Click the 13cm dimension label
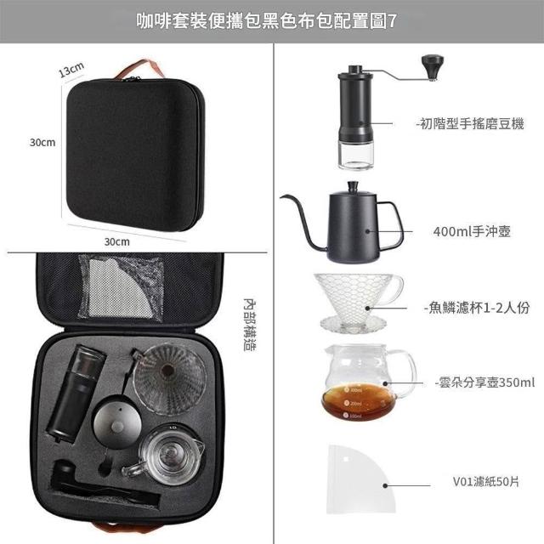click(x=71, y=70)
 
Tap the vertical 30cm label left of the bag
click(x=42, y=142)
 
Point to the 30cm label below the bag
click(x=117, y=241)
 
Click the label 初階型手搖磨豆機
click(x=470, y=123)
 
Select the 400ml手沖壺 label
click(x=472, y=231)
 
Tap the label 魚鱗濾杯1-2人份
click(x=477, y=308)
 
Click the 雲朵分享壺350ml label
click(x=485, y=382)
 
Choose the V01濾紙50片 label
click(x=486, y=482)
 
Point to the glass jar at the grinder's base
click(x=355, y=156)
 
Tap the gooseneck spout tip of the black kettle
click(x=281, y=196)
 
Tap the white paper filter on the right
click(x=360, y=479)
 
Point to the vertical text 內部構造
click(x=249, y=325)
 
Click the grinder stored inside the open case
click(x=76, y=393)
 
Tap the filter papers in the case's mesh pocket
click(x=118, y=288)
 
